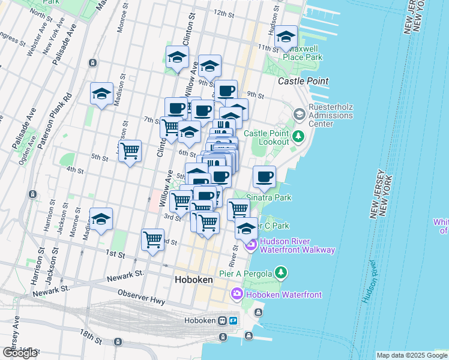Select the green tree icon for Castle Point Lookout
[298, 137]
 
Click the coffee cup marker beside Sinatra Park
[264, 177]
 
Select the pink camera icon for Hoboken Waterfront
[237, 294]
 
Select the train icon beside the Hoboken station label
[221, 320]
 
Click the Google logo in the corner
[20, 353]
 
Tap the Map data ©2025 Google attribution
[412, 355]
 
